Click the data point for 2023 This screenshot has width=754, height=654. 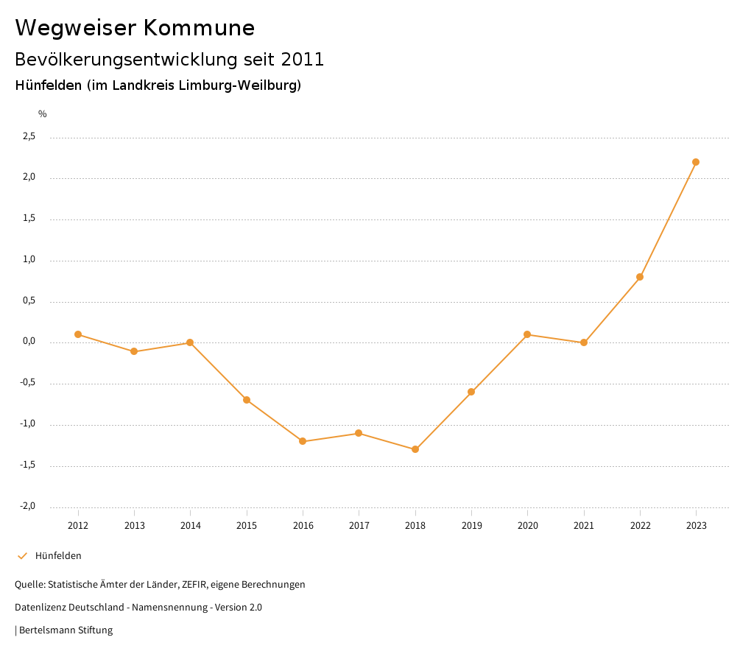pos(696,162)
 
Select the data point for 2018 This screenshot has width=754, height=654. pos(415,449)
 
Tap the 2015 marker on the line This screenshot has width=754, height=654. pos(247,400)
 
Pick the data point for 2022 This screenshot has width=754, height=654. pos(640,277)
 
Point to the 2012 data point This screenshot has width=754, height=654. pos(78,334)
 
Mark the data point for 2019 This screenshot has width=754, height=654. pos(471,392)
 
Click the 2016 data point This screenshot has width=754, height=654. pos(303,441)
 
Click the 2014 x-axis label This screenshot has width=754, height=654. pos(191,526)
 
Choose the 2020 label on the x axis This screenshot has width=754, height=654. pos(528,526)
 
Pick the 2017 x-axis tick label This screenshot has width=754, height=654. pos(359,526)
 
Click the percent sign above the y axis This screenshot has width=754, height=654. pos(43,114)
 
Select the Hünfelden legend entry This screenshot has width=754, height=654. pos(58,556)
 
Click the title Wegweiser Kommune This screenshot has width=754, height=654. pos(135,28)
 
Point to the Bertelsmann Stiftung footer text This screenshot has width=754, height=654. pos(66,630)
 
